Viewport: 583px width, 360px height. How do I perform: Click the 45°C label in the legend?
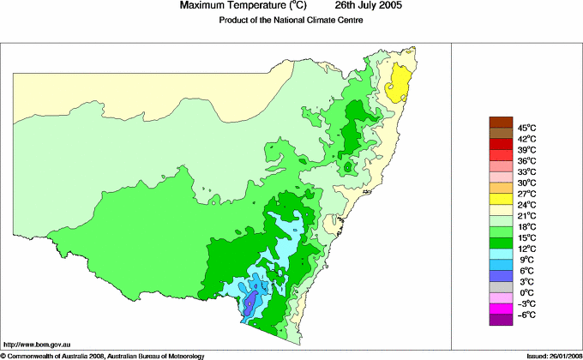[526, 128]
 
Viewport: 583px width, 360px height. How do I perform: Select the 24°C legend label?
[526, 205]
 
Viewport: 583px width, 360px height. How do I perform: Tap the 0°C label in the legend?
[526, 293]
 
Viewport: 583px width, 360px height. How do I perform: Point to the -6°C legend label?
[526, 315]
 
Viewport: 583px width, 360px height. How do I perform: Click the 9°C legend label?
[526, 260]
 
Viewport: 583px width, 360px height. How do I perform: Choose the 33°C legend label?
[526, 171]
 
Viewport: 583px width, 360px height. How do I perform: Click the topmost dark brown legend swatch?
[500, 122]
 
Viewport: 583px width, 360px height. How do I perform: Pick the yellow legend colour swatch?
[500, 199]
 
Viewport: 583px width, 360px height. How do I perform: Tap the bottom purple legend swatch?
[500, 321]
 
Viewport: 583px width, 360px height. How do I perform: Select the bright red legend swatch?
[500, 144]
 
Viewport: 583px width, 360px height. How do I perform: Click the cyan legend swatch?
[500, 254]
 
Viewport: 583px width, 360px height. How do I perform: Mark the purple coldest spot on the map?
[251, 302]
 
